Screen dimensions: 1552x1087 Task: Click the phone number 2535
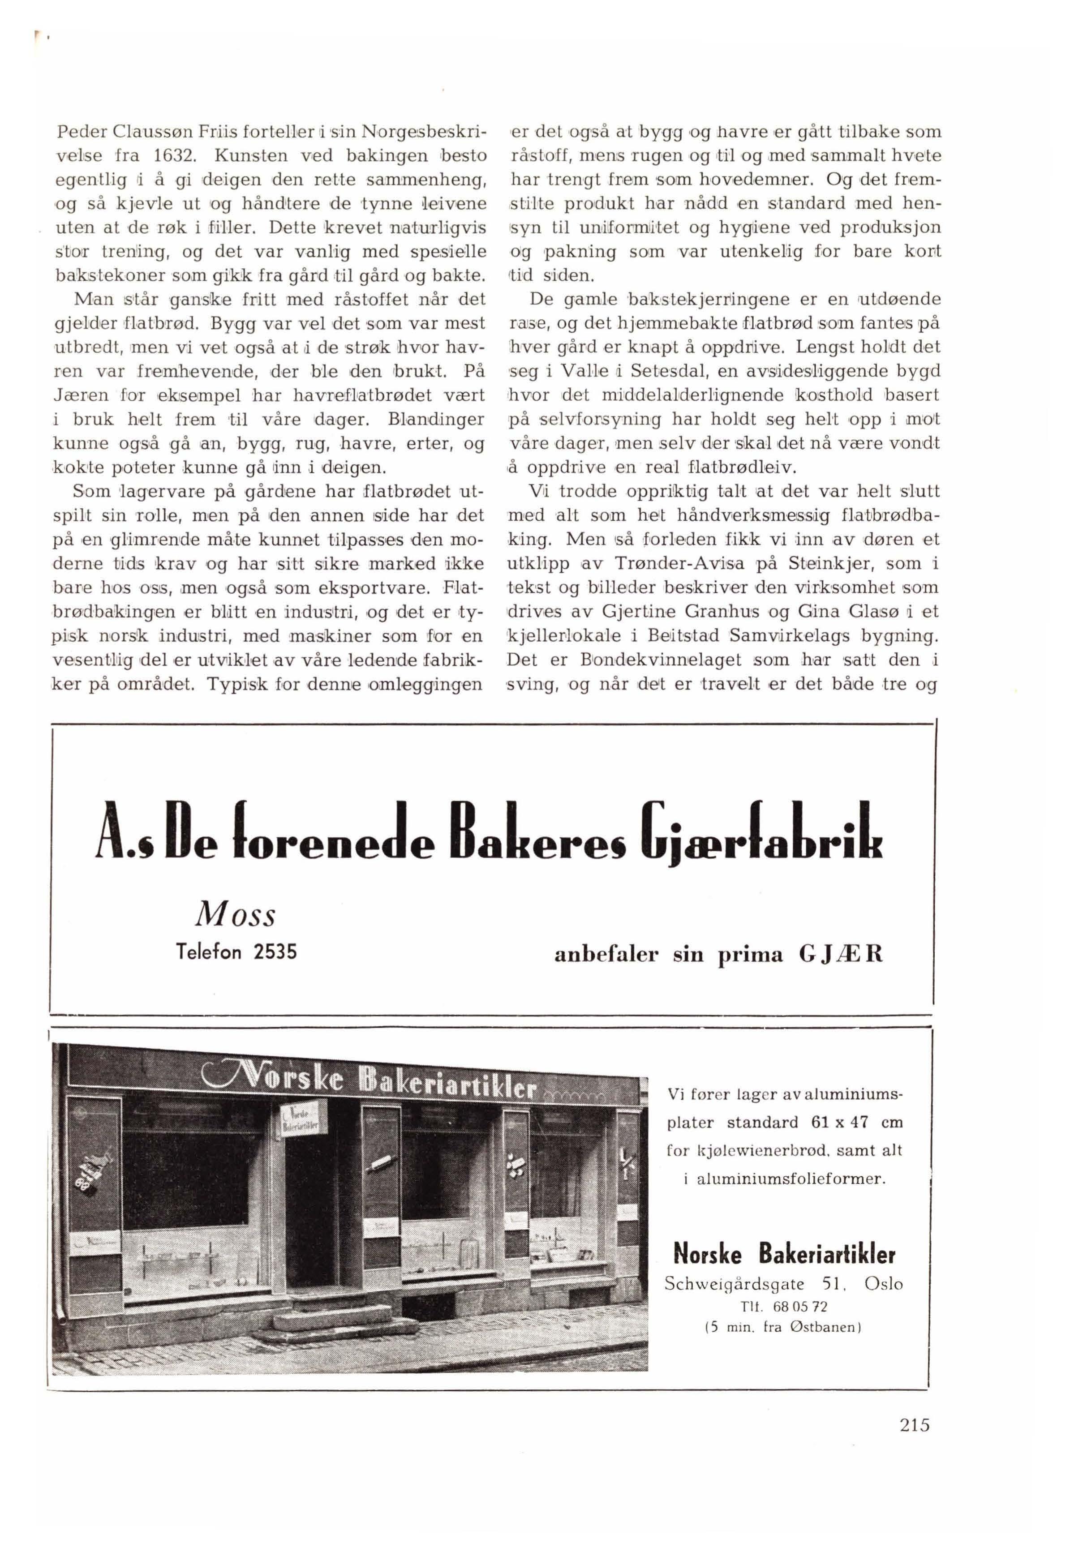[x=275, y=952]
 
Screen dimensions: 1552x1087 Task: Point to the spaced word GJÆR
[x=840, y=955]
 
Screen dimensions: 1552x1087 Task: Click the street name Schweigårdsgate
[x=734, y=1284]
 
